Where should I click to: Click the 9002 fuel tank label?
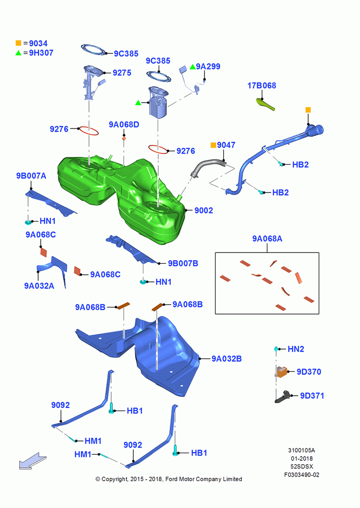click(x=204, y=211)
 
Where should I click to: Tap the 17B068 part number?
click(x=262, y=85)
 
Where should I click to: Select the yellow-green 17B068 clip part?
click(x=265, y=104)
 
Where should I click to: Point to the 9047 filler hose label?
click(x=226, y=145)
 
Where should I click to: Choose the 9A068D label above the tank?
click(x=124, y=125)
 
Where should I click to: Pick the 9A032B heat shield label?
click(x=227, y=359)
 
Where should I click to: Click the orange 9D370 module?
click(x=281, y=372)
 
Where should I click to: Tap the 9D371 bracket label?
click(x=312, y=396)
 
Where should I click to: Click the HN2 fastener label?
click(x=296, y=349)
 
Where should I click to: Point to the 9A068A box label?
click(x=267, y=239)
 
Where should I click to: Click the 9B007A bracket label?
click(x=31, y=176)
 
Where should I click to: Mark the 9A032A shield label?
click(x=39, y=285)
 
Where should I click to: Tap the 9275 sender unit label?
click(x=122, y=73)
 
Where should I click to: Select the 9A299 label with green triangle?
click(x=204, y=67)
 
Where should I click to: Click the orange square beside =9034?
click(x=18, y=43)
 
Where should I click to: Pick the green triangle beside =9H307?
click(x=18, y=52)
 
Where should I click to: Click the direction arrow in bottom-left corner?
click(x=33, y=461)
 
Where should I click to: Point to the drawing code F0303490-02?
click(x=302, y=475)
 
